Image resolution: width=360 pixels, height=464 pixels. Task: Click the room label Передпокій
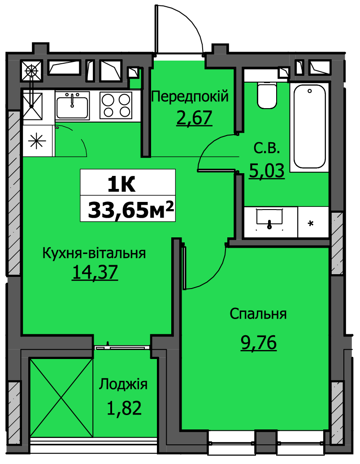pyautogui.click(x=190, y=96)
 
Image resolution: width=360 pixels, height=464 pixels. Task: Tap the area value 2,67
pyautogui.click(x=194, y=118)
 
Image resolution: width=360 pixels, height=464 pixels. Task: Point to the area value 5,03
pyautogui.click(x=267, y=171)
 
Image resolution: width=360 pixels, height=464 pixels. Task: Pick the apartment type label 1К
pyautogui.click(x=121, y=185)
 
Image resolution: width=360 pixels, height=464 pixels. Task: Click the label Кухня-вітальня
pyautogui.click(x=94, y=254)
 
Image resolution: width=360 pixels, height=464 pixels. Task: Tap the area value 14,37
pyautogui.click(x=95, y=272)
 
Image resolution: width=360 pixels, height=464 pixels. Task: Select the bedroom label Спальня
pyautogui.click(x=258, y=314)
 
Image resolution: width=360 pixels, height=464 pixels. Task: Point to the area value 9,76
pyautogui.click(x=259, y=343)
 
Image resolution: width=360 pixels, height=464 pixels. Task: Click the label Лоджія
pyautogui.click(x=123, y=385)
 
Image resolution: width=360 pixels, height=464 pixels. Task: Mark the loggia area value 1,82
pyautogui.click(x=124, y=408)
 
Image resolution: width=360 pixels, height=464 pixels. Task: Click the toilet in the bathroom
pyautogui.click(x=267, y=95)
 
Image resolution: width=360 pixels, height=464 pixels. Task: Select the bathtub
pyautogui.click(x=309, y=127)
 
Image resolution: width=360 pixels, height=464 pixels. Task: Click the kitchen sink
pyautogui.click(x=72, y=105)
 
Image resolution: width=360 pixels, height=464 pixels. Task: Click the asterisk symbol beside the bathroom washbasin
pyautogui.click(x=311, y=223)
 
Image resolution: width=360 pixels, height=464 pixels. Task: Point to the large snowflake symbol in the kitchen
pyautogui.click(x=37, y=140)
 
